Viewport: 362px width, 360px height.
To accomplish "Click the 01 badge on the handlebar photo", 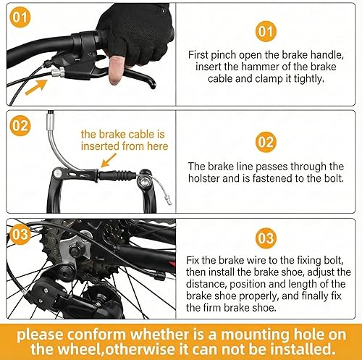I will (21, 16).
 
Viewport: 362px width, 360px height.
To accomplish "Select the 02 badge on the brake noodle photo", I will (21, 125).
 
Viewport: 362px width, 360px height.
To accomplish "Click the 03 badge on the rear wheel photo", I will (21, 234).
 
